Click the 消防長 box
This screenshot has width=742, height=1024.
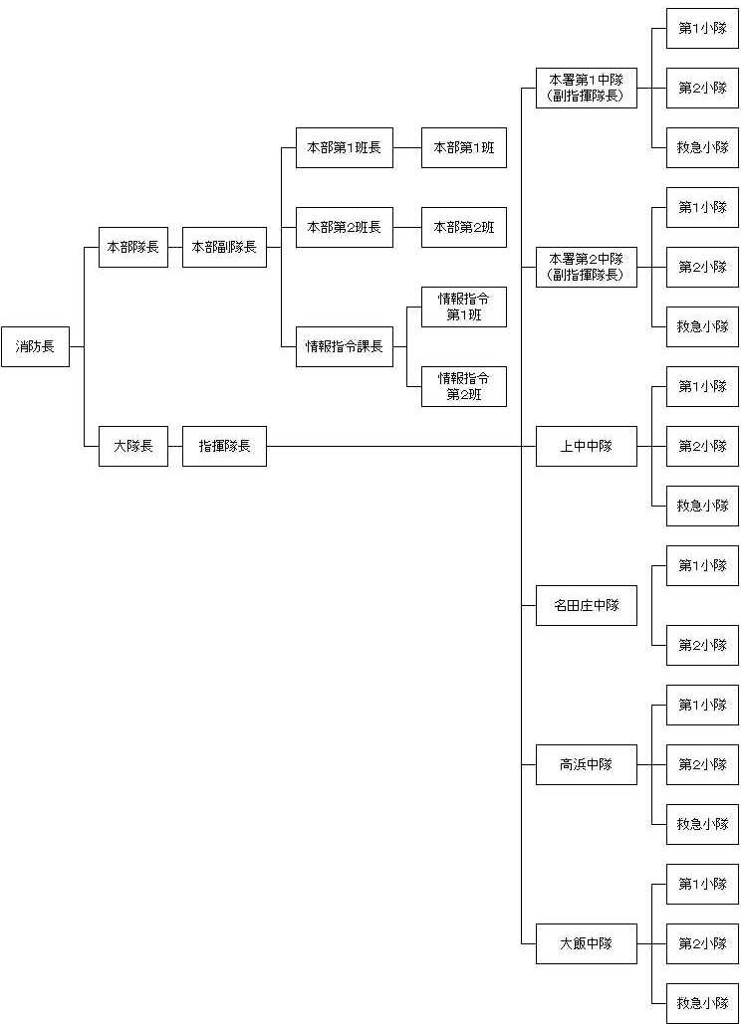coord(35,346)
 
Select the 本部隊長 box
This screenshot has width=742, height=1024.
coord(133,247)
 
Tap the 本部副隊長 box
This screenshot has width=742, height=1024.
coord(224,247)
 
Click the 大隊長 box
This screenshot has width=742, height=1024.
coord(133,446)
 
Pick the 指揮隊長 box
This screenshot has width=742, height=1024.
coord(224,446)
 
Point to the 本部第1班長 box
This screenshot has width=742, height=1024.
coord(345,147)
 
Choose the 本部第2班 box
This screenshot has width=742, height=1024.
coord(464,227)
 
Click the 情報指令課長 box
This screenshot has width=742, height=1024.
coord(345,346)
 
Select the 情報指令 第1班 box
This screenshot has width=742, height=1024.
coord(464,307)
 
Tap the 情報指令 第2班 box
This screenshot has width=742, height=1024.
coord(464,386)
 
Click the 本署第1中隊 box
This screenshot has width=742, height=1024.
coord(587,89)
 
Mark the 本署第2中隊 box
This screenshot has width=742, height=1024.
coord(587,267)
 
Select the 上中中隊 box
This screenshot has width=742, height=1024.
coord(587,446)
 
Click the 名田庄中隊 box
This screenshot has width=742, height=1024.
coord(587,605)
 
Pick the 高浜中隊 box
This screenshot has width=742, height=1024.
coord(587,764)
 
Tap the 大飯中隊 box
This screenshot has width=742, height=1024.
coord(587,943)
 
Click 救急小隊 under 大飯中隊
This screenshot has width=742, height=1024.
coord(703,1003)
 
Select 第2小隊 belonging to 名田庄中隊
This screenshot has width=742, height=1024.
coord(703,645)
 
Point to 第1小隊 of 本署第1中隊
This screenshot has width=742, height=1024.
coord(703,28)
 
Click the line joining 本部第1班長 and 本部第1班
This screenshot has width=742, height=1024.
coord(407,147)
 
